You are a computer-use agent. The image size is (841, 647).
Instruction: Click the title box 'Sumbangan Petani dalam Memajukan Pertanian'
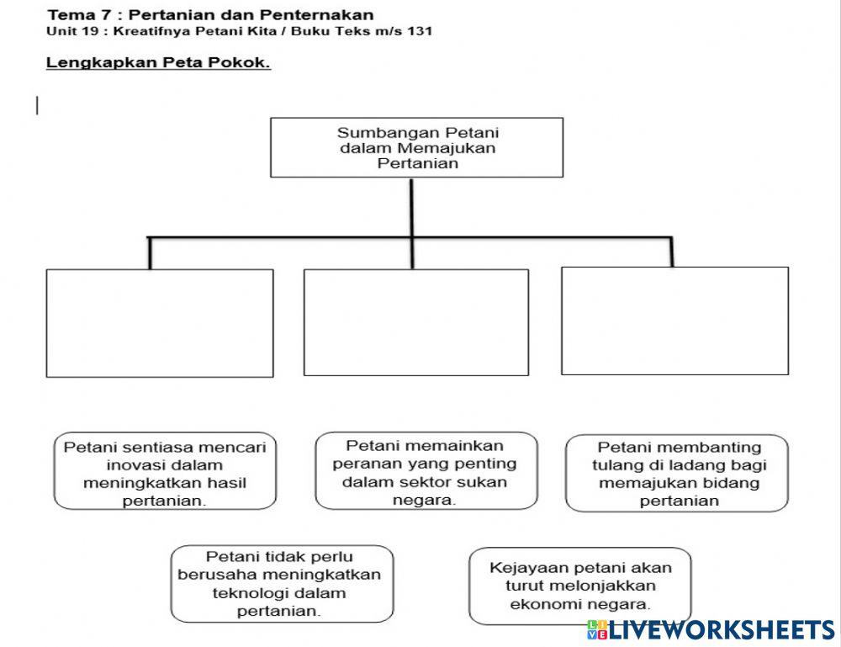point(416,147)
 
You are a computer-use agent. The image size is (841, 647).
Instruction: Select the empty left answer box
point(160,323)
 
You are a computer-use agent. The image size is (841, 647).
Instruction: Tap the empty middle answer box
point(416,322)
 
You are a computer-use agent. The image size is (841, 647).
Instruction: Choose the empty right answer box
point(674,321)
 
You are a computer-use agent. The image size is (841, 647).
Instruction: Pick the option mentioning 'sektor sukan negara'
point(426,471)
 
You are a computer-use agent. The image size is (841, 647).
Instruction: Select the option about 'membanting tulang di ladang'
point(677,474)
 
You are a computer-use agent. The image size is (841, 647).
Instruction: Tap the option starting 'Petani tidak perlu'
point(282,583)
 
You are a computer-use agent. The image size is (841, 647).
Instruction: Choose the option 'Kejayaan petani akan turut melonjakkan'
point(580,586)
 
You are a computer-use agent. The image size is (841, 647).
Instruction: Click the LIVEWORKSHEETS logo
point(711,629)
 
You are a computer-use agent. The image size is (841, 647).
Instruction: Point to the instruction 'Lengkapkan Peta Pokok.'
point(158,63)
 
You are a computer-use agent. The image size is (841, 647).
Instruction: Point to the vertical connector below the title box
point(411,207)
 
